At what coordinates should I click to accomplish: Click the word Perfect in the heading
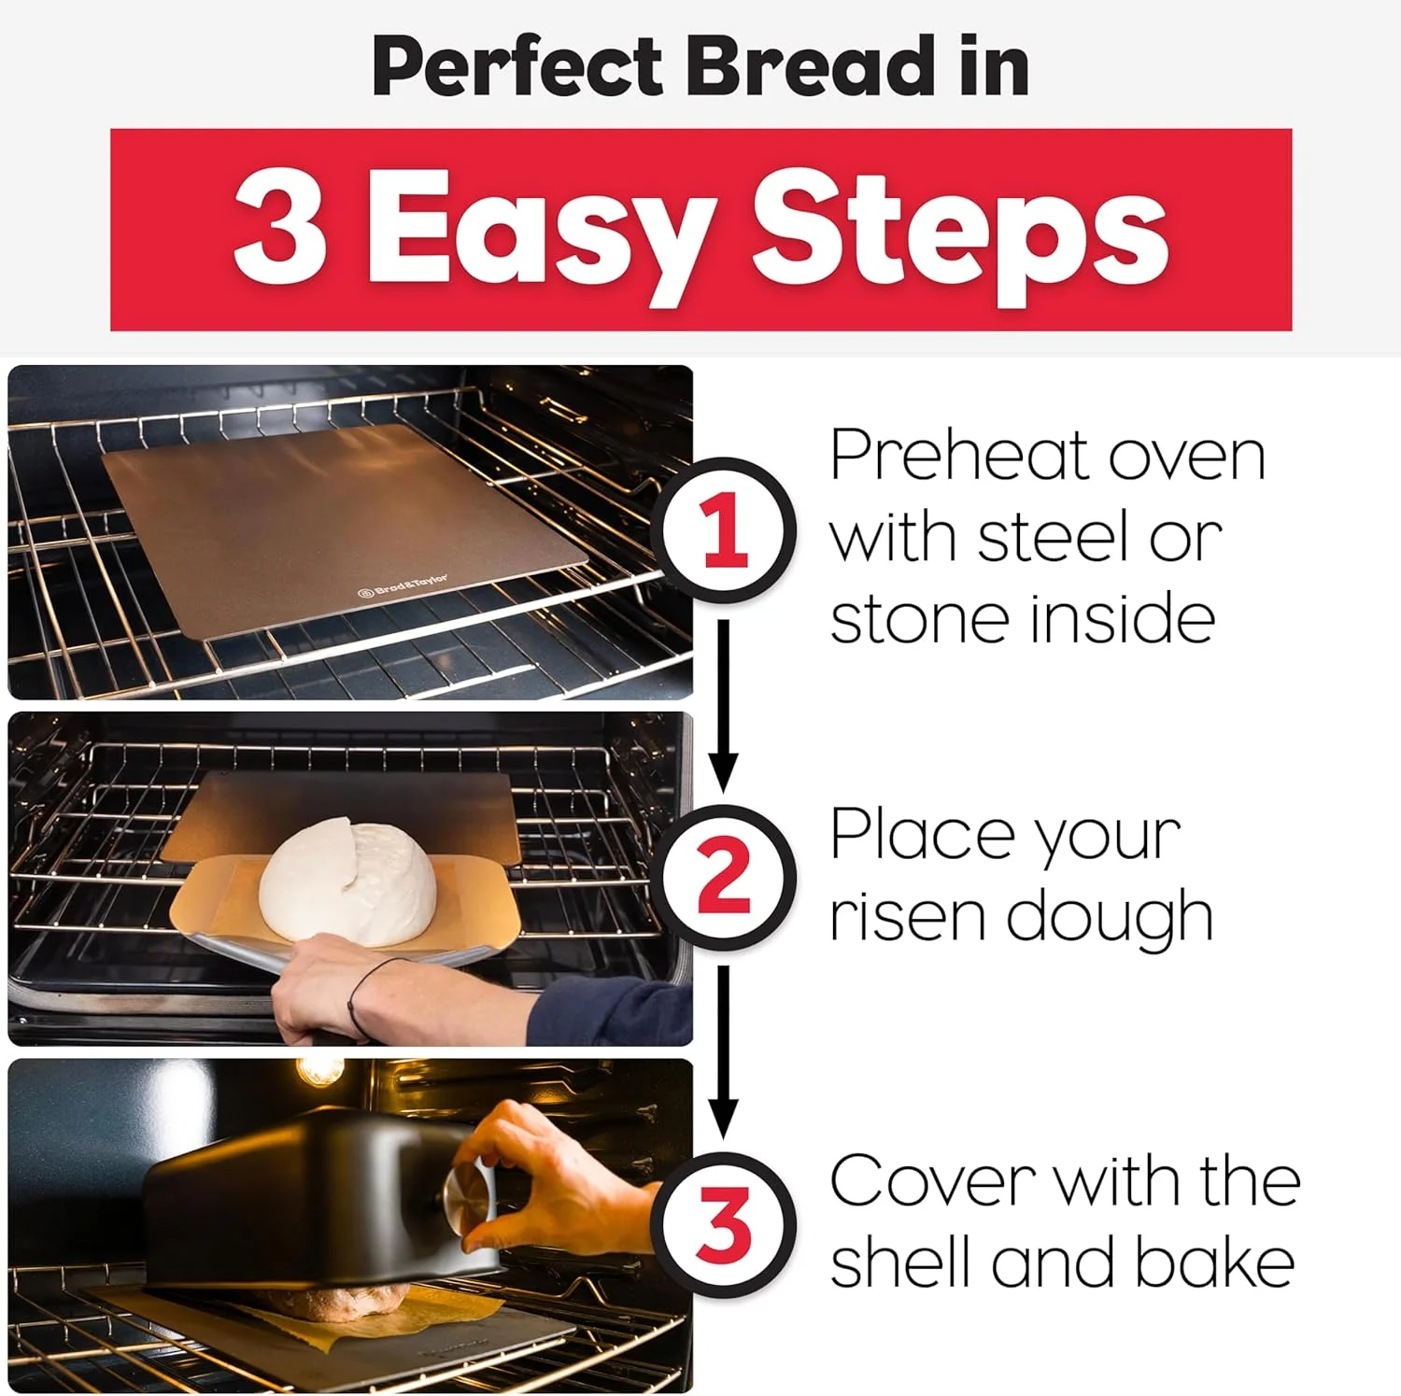point(518,66)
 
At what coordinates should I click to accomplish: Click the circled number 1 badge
point(725,530)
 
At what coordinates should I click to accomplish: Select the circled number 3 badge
point(725,1223)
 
